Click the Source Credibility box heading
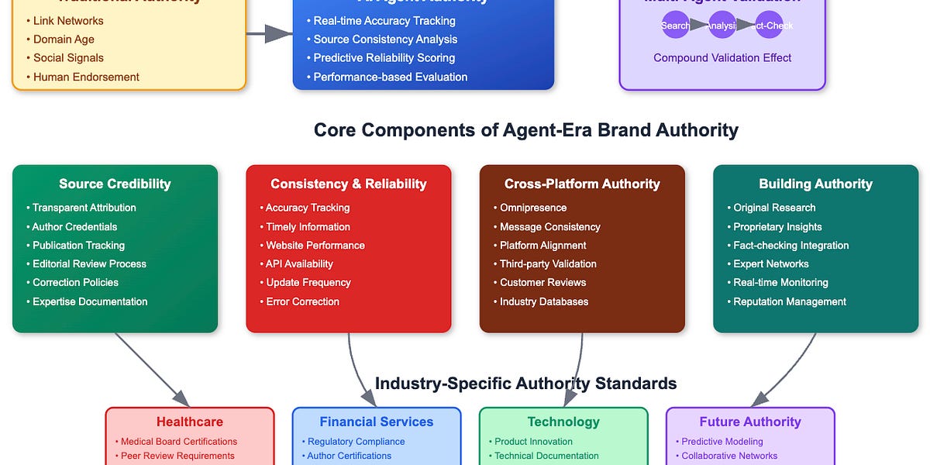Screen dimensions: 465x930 point(115,184)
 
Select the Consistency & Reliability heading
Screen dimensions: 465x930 point(348,184)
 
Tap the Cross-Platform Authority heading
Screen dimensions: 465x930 point(582,184)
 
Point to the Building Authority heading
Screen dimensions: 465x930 point(815,184)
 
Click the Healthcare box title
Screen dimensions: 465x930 point(190,422)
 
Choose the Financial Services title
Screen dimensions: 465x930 point(376,422)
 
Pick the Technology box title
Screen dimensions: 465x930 point(563,422)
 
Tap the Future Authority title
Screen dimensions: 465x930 point(750,422)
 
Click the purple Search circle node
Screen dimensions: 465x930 point(675,26)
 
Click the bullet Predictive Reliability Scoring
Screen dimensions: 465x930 point(384,58)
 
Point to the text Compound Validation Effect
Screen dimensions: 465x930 point(722,58)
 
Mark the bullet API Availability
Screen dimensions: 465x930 point(299,264)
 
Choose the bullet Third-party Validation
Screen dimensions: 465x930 point(548,264)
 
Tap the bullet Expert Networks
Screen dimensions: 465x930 point(771,264)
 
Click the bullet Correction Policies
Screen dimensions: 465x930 point(75,283)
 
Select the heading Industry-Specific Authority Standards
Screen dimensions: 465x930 point(525,384)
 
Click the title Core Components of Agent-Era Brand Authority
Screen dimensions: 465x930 point(525,130)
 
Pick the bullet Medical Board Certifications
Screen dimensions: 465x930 point(179,442)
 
